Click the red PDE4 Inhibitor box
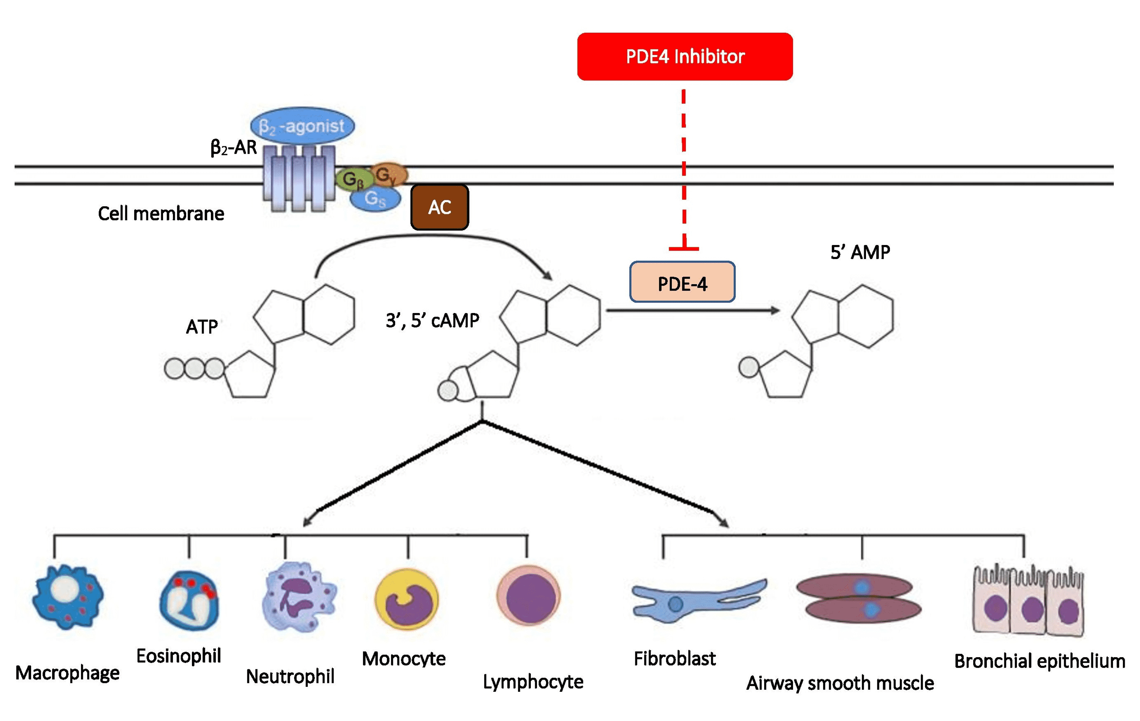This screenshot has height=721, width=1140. (684, 56)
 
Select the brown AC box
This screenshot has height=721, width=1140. (439, 207)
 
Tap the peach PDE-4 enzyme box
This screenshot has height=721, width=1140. (682, 283)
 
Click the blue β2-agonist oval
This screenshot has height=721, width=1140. (302, 125)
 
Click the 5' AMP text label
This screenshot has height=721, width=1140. (860, 252)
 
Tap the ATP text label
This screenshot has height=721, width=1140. (202, 327)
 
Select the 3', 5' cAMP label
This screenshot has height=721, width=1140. (432, 321)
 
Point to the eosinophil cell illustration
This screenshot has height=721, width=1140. (189, 600)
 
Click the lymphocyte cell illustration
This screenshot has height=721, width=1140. (528, 597)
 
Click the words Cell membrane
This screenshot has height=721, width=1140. (161, 213)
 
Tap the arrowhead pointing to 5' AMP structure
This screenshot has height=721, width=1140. (774, 311)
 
